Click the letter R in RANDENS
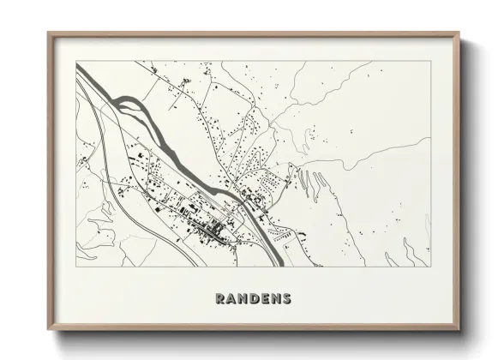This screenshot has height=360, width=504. pyautogui.click(x=221, y=299)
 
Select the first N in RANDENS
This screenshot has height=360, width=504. pyautogui.click(x=244, y=299)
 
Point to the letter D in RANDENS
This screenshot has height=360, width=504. pyautogui.click(x=255, y=299)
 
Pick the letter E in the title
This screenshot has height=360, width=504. pyautogui.click(x=266, y=299)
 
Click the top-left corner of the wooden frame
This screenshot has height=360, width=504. pyautogui.click(x=48, y=33)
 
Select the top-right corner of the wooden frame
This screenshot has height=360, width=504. pyautogui.click(x=461, y=33)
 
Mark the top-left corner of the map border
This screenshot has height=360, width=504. pyautogui.click(x=76, y=61)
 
